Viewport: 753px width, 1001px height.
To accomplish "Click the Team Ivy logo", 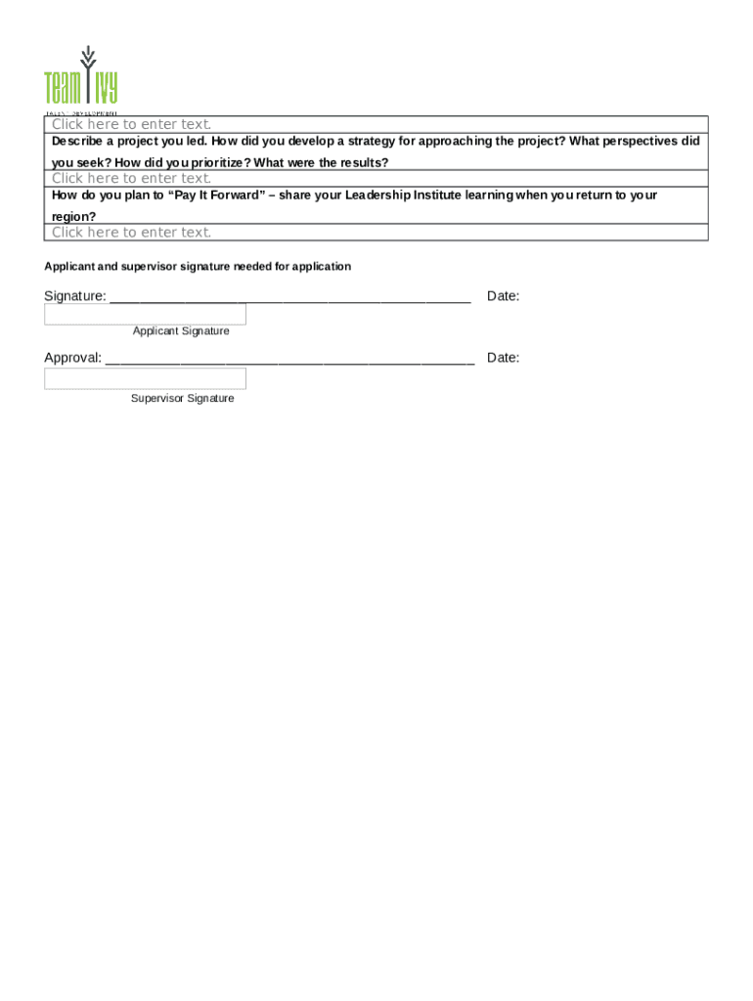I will coord(80,77).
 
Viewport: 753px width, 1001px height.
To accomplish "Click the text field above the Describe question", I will coord(376,124).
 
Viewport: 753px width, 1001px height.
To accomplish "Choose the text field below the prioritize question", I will coord(376,178).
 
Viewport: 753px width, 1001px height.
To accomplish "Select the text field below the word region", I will coord(376,232).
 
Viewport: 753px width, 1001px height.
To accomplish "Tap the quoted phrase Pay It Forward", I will coord(217,196).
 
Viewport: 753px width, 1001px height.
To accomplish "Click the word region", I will coord(73,216).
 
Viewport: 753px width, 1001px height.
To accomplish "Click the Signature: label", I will coord(75,296).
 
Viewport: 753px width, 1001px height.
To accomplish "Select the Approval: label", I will coord(73,358).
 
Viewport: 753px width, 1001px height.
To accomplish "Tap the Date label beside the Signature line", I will coord(503,296).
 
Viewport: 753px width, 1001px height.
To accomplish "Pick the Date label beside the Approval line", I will coord(503,358).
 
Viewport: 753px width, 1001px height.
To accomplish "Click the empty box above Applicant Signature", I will coord(145,315).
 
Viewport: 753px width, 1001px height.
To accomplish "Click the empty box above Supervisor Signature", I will coord(145,378).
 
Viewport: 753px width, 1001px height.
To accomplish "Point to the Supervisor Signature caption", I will coord(182,399).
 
